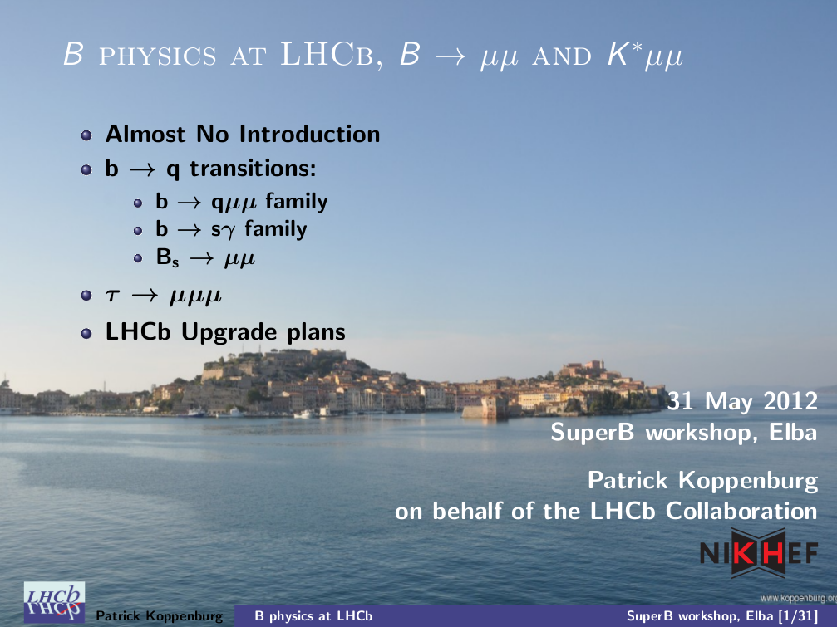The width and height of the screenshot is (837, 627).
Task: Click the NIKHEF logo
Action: [x=759, y=552]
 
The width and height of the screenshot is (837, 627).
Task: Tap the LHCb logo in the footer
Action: [x=54, y=602]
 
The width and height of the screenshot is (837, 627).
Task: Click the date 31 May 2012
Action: [x=742, y=401]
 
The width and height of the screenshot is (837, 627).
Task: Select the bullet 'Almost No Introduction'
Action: [x=243, y=134]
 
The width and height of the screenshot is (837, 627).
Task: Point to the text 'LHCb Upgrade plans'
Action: [x=225, y=331]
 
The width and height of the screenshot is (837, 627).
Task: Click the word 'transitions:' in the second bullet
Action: [x=253, y=169]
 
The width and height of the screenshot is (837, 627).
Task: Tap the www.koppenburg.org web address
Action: [x=799, y=598]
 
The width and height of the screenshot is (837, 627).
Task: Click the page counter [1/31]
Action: [x=798, y=616]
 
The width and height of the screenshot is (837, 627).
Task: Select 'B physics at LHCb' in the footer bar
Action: [x=313, y=616]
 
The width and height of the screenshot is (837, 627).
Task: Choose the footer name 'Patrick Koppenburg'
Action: [x=159, y=616]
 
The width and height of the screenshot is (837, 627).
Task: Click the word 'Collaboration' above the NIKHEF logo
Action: [x=741, y=511]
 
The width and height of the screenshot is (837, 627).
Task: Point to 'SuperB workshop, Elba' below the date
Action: [x=684, y=432]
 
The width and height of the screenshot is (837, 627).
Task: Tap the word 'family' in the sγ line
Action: [x=275, y=229]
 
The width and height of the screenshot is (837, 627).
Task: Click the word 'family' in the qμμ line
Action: [x=296, y=202]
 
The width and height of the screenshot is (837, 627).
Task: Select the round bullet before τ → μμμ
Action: [x=86, y=296]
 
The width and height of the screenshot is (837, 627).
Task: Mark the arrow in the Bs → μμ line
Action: [x=202, y=258]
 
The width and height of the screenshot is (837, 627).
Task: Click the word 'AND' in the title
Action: [x=562, y=56]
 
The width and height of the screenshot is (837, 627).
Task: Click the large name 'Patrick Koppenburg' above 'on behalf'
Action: [x=702, y=480]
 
